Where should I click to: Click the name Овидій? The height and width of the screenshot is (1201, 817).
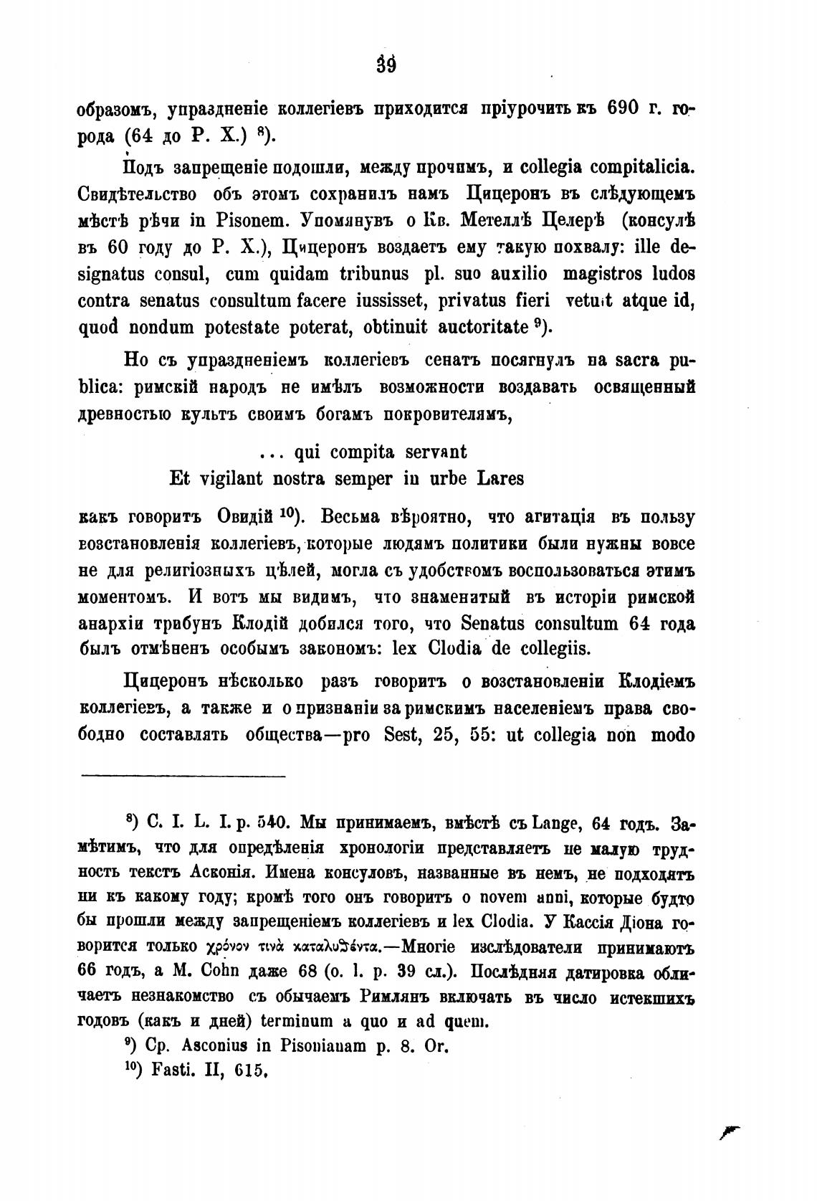[246, 517]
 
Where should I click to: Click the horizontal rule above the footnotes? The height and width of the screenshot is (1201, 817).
[183, 774]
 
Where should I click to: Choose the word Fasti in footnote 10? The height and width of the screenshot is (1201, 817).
[168, 1072]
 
